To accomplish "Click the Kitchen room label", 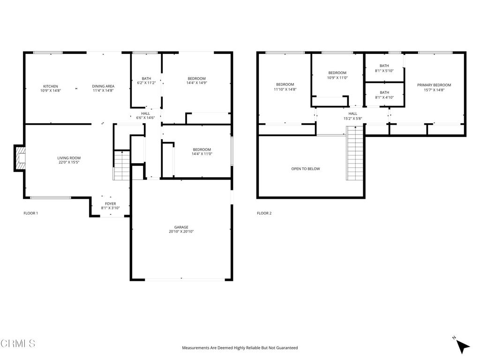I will click(51, 86).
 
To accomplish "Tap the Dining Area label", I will click(103, 86).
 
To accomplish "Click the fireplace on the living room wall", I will click(20, 158).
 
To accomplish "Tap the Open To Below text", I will click(306, 169).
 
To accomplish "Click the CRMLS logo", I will click(18, 344).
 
